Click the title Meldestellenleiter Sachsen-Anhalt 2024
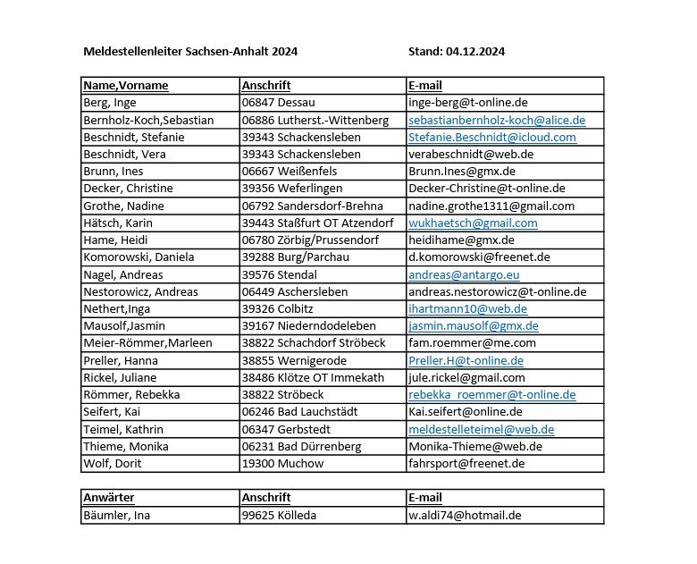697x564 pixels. pyautogui.click(x=190, y=52)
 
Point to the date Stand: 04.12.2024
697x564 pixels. pyautogui.click(x=456, y=52)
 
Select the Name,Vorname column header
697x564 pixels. pyautogui.click(x=126, y=86)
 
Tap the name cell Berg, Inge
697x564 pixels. pyautogui.click(x=110, y=103)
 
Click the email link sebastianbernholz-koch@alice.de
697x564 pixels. pyautogui.click(x=497, y=120)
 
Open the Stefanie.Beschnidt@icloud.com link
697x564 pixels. pyautogui.click(x=492, y=138)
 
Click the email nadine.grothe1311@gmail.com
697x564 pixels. pyautogui.click(x=498, y=206)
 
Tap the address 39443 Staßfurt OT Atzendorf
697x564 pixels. pyautogui.click(x=317, y=223)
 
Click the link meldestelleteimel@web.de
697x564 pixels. pyautogui.click(x=481, y=429)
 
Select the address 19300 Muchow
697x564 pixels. pyautogui.click(x=282, y=463)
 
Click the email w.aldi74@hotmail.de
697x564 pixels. pyautogui.click(x=465, y=515)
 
